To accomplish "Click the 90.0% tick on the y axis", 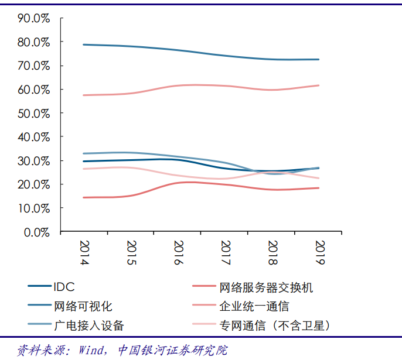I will click(x=34, y=18).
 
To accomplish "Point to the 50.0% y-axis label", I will click(x=34, y=113).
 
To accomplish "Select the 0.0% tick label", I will click(x=36, y=232).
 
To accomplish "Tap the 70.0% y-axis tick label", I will click(x=34, y=66).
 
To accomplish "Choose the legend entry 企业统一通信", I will click(x=254, y=306).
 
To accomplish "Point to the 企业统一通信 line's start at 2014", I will click(x=84, y=95).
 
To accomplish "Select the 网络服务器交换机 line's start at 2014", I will click(x=84, y=197).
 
